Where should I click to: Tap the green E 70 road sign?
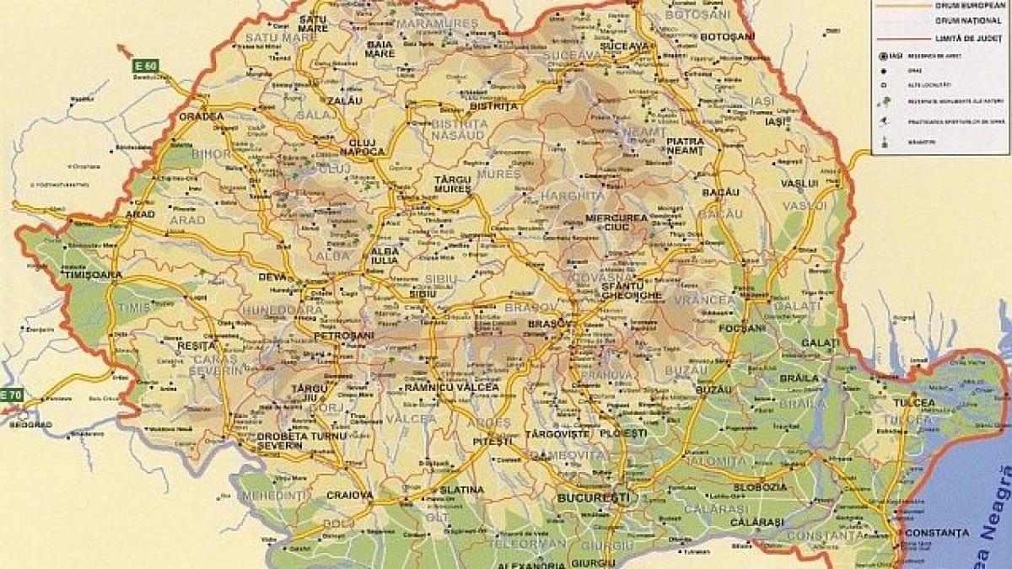pyautogui.click(x=12, y=395)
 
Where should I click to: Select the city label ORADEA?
pyautogui.click(x=202, y=116)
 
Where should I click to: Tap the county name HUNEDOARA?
pyautogui.click(x=283, y=310)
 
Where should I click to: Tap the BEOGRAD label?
pyautogui.click(x=30, y=424)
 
